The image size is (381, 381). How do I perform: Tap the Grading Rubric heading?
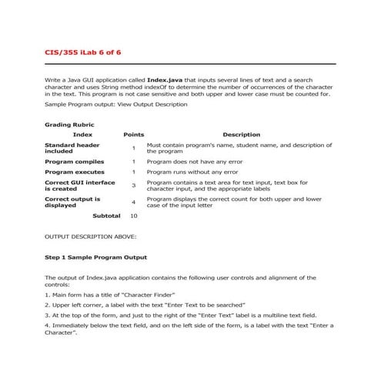[70, 123]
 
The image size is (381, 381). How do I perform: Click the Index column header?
[82, 135]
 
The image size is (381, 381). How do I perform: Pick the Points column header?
[133, 135]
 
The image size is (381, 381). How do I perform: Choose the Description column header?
[241, 135]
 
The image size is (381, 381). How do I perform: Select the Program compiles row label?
[75, 162]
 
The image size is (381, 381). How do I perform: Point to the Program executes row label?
[75, 172]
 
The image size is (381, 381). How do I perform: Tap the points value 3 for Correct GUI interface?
[133, 185]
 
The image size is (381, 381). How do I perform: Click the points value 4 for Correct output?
[133, 202]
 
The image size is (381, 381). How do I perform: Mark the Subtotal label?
[106, 216]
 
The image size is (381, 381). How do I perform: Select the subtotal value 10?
[133, 216]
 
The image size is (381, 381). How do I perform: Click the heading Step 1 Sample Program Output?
[96, 256]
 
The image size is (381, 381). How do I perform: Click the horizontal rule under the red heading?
[190, 63]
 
